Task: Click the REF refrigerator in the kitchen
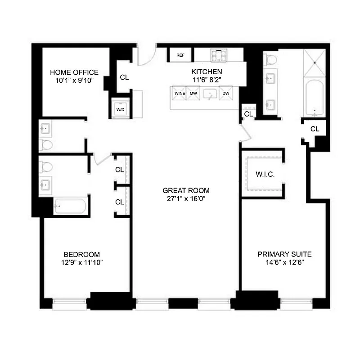pyautogui.click(x=180, y=55)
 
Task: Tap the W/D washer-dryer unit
pyautogui.click(x=121, y=108)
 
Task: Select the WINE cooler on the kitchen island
pyautogui.click(x=180, y=94)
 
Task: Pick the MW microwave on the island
pyautogui.click(x=193, y=94)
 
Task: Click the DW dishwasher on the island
pyautogui.click(x=226, y=94)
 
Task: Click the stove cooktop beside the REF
pyautogui.click(x=219, y=55)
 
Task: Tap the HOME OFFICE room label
pyautogui.click(x=74, y=72)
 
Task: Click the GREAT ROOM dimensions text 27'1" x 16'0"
pyautogui.click(x=186, y=198)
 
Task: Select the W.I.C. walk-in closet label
pyautogui.click(x=265, y=174)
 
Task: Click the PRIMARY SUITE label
pyautogui.click(x=284, y=254)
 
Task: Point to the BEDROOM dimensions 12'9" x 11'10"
pyautogui.click(x=81, y=262)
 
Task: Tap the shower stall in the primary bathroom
pyautogui.click(x=315, y=64)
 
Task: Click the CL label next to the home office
pyautogui.click(x=124, y=77)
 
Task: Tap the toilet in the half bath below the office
pyautogui.click(x=46, y=144)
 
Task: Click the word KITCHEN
pyautogui.click(x=207, y=72)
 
